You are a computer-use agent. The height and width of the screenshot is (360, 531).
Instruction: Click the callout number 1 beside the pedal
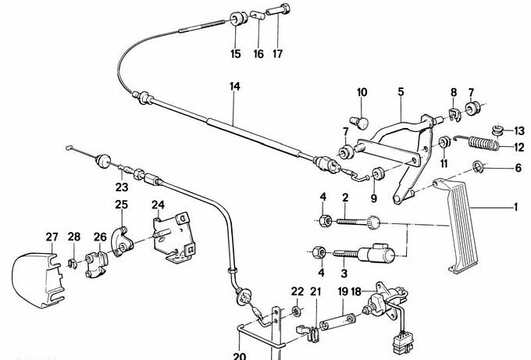pos(515,208)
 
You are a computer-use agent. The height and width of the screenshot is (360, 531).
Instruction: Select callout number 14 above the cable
pos(233,87)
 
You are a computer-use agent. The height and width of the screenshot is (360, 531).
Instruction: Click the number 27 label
pos(52,237)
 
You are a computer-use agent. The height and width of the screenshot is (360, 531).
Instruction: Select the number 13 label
pos(520,130)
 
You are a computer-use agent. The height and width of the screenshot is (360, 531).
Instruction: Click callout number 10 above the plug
pos(362,93)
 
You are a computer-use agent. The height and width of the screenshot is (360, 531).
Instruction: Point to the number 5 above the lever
pos(401,93)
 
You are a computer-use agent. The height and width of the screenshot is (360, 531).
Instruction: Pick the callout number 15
pos(235,55)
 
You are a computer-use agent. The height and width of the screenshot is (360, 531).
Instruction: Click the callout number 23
pos(121,187)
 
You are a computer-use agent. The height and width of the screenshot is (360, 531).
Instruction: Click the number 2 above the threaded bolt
pos(344,198)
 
